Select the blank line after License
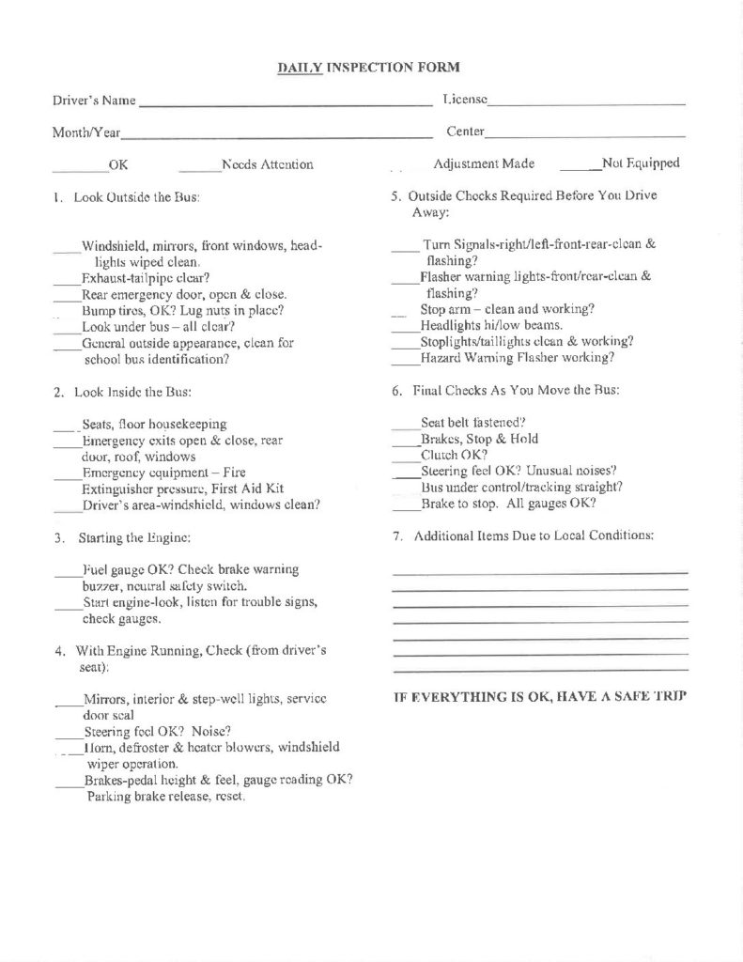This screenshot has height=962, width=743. coord(586,102)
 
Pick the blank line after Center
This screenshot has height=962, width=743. coord(586,135)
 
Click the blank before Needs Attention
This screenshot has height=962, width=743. coord(199,170)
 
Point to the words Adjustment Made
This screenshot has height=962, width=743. coord(484,163)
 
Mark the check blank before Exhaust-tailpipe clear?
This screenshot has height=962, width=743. coord(67,282)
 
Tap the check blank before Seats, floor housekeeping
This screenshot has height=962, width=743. coord(66,428)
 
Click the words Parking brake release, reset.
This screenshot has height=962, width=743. coord(166,797)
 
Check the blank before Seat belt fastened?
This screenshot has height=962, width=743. coord(406,427)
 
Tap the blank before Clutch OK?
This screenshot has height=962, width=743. coord(406,459)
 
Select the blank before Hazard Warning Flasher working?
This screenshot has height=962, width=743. coord(406,363)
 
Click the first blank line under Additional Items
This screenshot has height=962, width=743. coord(539,573)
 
